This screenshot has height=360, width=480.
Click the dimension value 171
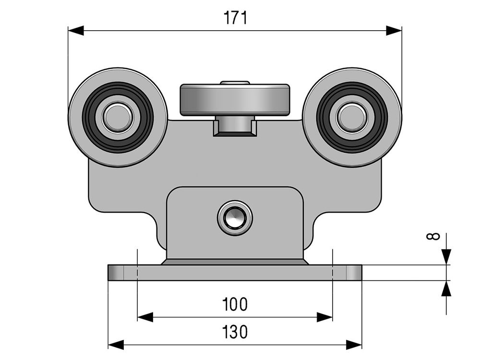[x=235, y=18]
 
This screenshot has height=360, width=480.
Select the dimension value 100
[x=235, y=304]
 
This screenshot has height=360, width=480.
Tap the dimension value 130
[x=235, y=332]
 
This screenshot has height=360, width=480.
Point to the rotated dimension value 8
[x=433, y=236]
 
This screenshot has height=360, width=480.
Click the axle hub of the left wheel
[x=118, y=118]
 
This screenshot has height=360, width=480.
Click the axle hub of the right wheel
[x=352, y=118]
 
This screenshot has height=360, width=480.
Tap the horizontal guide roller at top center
[x=235, y=100]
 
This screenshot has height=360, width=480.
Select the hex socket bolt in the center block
[x=235, y=218]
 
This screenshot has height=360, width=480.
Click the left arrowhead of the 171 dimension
[x=76, y=31]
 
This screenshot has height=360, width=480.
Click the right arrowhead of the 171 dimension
[x=394, y=31]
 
